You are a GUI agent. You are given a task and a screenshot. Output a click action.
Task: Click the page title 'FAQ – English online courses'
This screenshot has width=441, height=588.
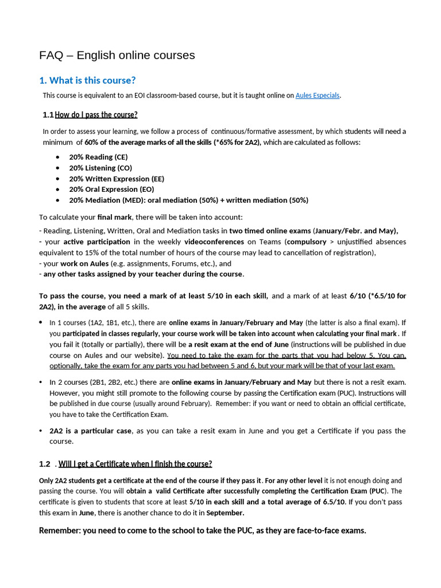[117, 55]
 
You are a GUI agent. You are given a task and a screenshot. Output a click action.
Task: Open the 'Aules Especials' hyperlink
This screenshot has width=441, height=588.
[317, 95]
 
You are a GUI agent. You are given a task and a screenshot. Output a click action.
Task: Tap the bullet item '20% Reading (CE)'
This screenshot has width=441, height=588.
[98, 157]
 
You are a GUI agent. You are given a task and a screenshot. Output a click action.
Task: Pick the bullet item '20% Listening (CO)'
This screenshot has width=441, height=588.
[100, 168]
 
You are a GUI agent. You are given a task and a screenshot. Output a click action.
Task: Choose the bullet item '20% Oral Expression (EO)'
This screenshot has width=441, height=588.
[111, 189]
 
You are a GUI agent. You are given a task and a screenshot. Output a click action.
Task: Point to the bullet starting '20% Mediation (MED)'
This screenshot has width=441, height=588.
[188, 200]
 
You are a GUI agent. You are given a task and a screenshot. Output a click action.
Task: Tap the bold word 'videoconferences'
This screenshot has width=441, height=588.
[212, 242]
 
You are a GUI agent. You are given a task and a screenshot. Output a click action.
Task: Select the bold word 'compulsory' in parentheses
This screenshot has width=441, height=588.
[306, 242]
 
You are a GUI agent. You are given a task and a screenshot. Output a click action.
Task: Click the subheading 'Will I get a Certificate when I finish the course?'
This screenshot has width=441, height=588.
[135, 464]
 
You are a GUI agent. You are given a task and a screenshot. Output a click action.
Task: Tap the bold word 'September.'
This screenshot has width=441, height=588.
[225, 513]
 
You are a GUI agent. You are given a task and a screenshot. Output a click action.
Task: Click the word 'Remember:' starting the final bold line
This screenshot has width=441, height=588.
[60, 531]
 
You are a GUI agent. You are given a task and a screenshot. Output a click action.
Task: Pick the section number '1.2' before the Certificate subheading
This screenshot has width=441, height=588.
[45, 464]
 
